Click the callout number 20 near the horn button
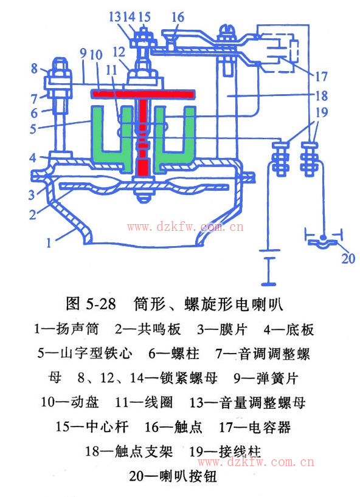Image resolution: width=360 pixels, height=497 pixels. click(348, 259)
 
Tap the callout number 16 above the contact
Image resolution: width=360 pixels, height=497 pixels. click(178, 17)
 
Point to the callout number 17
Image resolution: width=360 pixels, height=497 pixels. click(320, 77)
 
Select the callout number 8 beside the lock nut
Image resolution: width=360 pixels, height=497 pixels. click(34, 69)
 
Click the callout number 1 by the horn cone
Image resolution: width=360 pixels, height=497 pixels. click(49, 243)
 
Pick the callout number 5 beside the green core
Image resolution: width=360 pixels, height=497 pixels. click(33, 129)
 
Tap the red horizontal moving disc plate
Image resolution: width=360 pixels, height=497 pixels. click(143, 94)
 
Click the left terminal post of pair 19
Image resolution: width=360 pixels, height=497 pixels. click(281, 159)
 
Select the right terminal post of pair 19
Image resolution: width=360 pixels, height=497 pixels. click(310, 159)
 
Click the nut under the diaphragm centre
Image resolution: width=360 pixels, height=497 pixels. click(144, 195)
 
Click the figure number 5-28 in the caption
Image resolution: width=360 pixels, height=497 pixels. click(101, 304)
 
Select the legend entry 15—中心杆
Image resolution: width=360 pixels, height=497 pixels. click(92, 427)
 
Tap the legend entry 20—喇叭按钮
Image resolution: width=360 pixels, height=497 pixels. click(173, 476)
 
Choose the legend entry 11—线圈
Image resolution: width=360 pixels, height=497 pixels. click(144, 403)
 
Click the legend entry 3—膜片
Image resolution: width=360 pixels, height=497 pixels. click(222, 329)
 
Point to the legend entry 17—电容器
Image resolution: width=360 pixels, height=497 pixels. click(255, 427)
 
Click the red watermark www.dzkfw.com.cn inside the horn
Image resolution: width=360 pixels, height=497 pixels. click(185, 227)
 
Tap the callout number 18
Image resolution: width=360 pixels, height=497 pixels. click(320, 95)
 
